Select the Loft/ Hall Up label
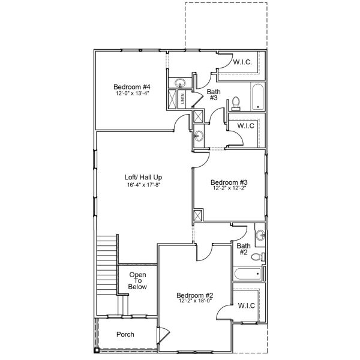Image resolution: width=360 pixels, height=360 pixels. (143, 178)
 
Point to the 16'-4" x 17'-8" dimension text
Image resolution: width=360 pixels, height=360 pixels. (143, 185)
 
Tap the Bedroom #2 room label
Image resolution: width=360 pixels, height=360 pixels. (195, 295)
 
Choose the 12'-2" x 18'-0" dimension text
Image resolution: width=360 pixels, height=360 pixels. (195, 302)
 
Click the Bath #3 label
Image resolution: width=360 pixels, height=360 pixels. (214, 95)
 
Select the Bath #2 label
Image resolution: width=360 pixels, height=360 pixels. (243, 249)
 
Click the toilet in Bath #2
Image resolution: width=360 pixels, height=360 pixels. (258, 257)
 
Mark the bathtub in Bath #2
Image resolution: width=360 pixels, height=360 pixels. (247, 274)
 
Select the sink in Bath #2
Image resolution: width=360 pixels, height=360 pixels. (259, 234)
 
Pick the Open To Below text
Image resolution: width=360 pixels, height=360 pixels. (137, 281)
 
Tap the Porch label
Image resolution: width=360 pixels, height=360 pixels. (125, 335)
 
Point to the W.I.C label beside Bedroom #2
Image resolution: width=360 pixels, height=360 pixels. (246, 307)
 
